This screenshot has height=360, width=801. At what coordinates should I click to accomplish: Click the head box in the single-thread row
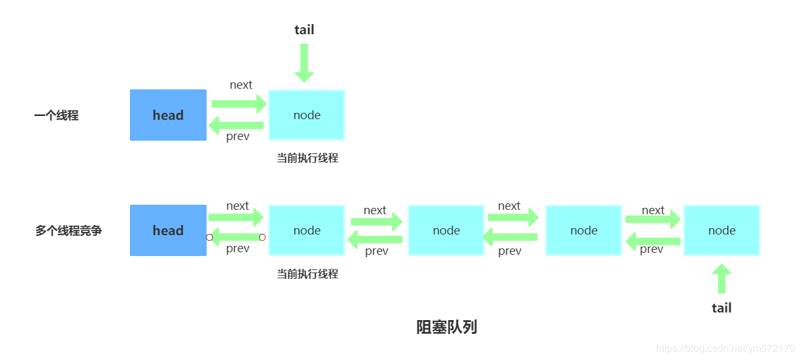168,115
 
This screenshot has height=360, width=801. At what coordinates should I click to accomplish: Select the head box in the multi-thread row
168,230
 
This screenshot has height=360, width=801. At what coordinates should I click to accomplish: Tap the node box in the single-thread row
307,115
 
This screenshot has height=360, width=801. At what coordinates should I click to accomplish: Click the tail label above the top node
304,30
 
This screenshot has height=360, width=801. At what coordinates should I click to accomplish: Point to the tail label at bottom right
721,308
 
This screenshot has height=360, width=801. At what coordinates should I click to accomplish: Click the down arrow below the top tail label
304,63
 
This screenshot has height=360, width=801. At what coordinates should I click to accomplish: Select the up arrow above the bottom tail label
721,279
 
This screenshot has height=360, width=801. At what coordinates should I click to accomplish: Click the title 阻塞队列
446,327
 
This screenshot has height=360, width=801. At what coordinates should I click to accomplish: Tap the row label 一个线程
56,115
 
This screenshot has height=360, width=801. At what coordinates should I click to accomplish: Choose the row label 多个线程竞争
68,231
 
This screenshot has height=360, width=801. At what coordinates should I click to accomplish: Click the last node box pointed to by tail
722,230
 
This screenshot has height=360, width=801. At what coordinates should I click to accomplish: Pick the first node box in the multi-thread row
307,230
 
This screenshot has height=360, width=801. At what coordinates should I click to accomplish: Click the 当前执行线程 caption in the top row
307,158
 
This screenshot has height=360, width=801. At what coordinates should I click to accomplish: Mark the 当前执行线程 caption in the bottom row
307,274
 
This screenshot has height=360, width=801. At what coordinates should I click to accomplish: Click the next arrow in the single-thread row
239,103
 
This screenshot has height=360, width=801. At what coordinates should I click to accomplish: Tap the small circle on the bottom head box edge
209,238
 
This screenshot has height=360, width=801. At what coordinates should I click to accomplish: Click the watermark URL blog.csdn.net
725,349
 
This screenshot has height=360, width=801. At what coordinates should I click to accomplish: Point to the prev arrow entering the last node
653,241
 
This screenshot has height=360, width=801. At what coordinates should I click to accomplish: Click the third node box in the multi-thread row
584,230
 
